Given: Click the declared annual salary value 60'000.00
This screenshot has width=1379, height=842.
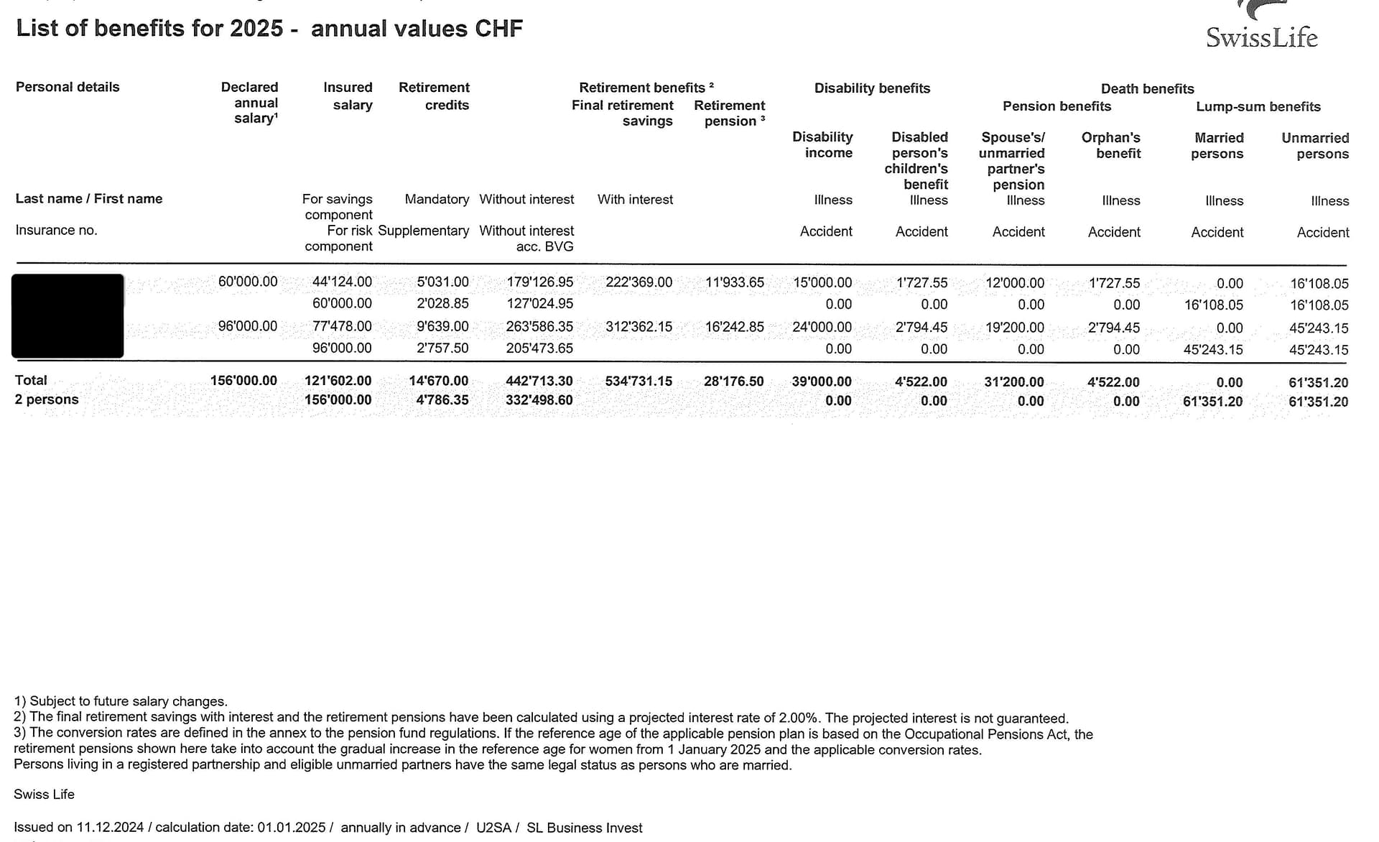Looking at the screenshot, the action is [248, 282].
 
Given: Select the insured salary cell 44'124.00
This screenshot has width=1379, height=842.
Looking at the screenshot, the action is [342, 282].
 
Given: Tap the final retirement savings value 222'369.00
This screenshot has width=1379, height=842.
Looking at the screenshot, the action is [639, 282].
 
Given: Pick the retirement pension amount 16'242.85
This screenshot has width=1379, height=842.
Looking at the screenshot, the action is [735, 327].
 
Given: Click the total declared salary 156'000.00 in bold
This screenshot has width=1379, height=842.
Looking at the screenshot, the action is [243, 381].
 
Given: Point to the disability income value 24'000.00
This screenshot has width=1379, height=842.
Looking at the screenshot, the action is [822, 327].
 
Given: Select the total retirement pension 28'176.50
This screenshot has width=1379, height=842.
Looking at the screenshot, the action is [734, 381].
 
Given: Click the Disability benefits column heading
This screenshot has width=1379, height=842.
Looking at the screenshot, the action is [872, 88].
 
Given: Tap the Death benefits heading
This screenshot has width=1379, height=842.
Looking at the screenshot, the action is [1148, 89].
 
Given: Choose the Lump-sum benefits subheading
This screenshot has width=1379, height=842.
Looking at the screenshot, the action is [1258, 107].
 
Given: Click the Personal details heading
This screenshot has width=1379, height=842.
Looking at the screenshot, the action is [68, 87].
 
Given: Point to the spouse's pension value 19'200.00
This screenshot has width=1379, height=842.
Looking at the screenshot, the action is [1015, 328].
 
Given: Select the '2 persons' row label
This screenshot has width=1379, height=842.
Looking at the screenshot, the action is [47, 399].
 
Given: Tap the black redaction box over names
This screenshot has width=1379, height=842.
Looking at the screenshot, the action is [68, 315].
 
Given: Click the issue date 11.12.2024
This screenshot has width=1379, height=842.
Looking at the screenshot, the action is [110, 828].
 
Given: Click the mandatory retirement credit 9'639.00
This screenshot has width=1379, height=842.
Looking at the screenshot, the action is [442, 327].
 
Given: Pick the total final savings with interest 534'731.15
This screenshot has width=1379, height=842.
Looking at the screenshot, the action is [639, 381].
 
